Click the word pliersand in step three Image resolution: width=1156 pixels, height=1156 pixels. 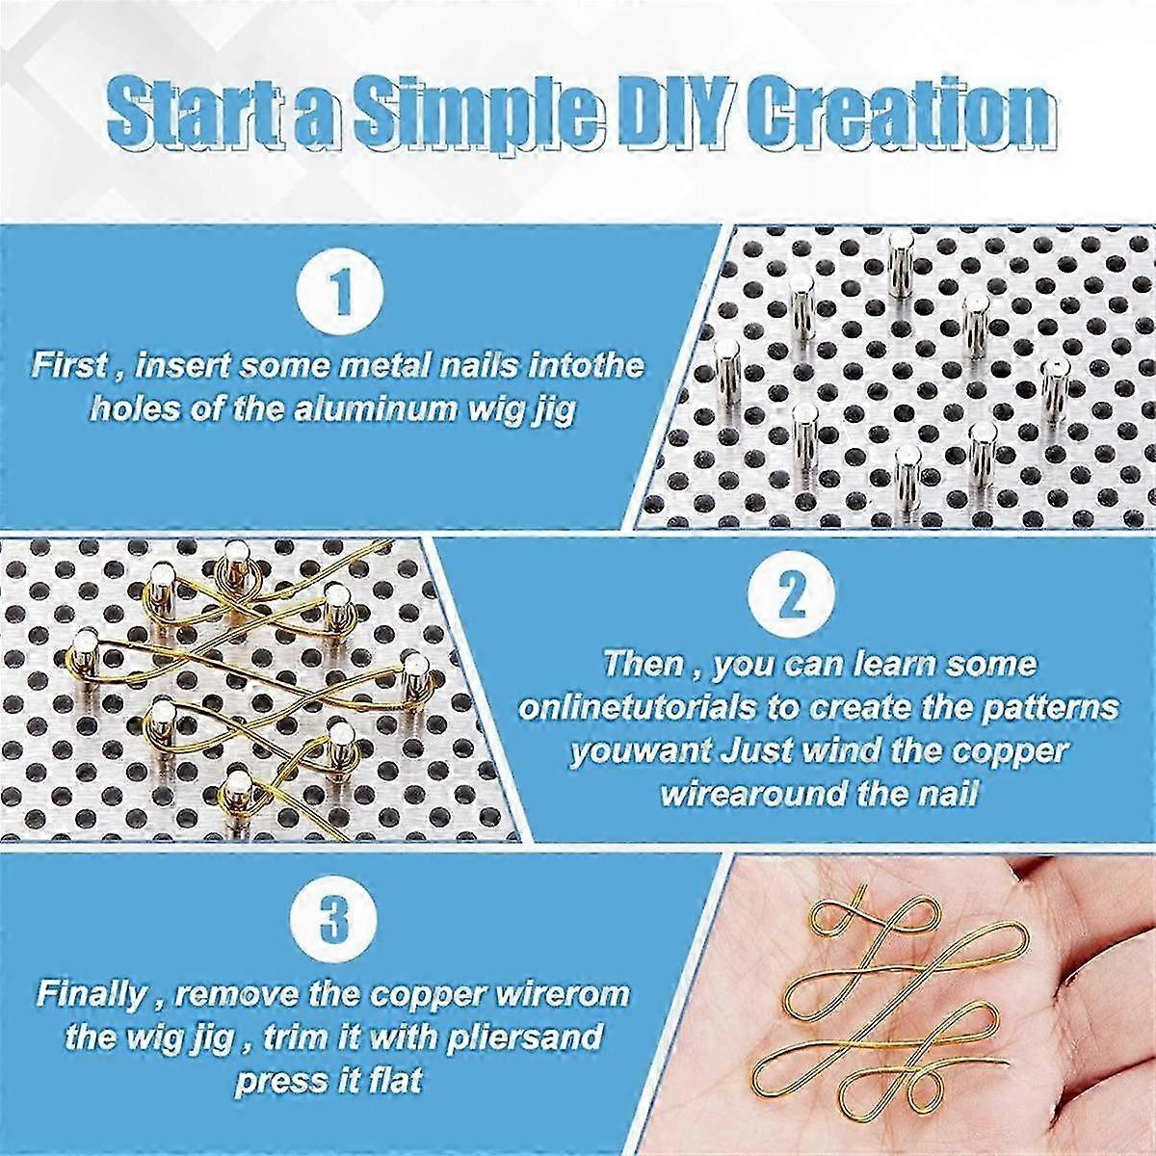point(519,1038)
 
